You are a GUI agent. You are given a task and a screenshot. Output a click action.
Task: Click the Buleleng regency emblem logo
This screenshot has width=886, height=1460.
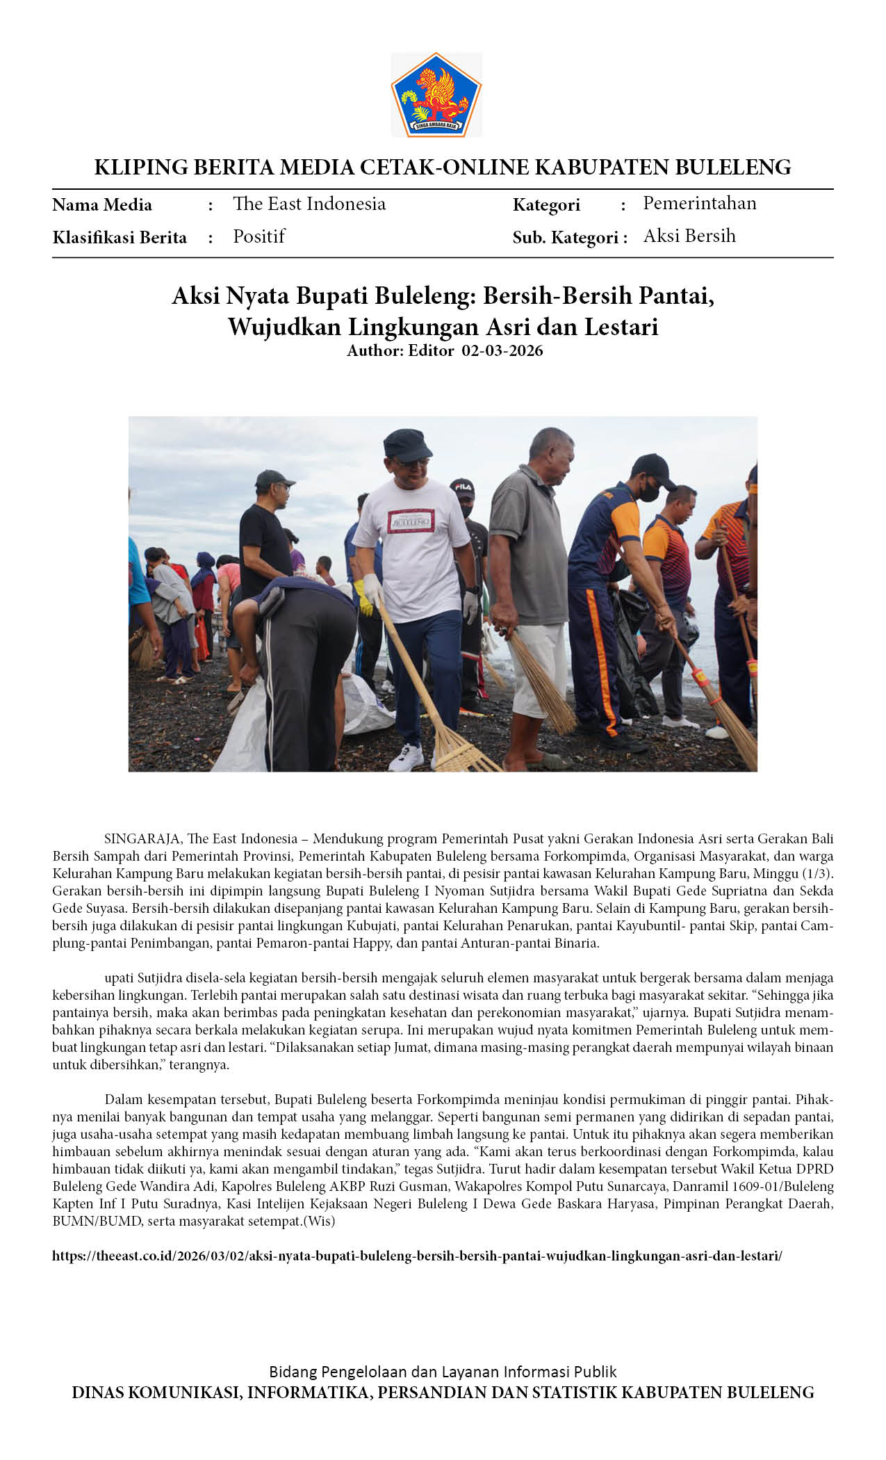tap(436, 95)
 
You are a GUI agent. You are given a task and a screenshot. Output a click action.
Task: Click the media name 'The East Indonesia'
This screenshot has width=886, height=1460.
tap(309, 204)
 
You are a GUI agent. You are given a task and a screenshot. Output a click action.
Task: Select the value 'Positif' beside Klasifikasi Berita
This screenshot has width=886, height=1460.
tap(259, 236)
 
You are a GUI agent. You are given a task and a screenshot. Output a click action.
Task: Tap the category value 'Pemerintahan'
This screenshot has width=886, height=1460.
tap(699, 203)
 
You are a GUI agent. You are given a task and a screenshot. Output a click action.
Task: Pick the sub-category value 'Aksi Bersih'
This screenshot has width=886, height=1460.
tap(689, 236)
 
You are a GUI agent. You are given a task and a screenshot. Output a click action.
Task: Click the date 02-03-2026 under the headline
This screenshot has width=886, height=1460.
tap(502, 350)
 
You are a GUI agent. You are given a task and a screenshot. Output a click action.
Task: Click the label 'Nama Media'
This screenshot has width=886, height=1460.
tap(102, 204)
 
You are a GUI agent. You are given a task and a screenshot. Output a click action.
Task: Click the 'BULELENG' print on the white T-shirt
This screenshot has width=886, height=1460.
tap(410, 520)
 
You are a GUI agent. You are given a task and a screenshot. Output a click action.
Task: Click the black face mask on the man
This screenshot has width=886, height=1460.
tap(649, 491)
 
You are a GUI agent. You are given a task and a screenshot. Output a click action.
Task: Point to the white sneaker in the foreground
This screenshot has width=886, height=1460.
tap(406, 756)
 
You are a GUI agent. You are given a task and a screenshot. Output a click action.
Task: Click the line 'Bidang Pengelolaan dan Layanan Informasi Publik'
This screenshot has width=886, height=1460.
tap(443, 1371)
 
